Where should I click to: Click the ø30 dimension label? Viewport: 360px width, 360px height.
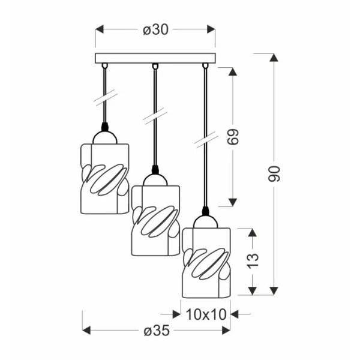coord(155,30)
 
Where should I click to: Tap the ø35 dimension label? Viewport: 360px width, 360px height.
coord(157,331)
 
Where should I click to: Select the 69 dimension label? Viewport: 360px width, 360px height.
coord(233,137)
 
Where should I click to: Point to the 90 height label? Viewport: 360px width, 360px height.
coord(274,174)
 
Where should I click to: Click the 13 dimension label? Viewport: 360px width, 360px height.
coord(253,261)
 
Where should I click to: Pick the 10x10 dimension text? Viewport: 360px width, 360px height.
coord(206,314)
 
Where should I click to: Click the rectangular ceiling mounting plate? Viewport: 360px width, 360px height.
coord(155,58)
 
